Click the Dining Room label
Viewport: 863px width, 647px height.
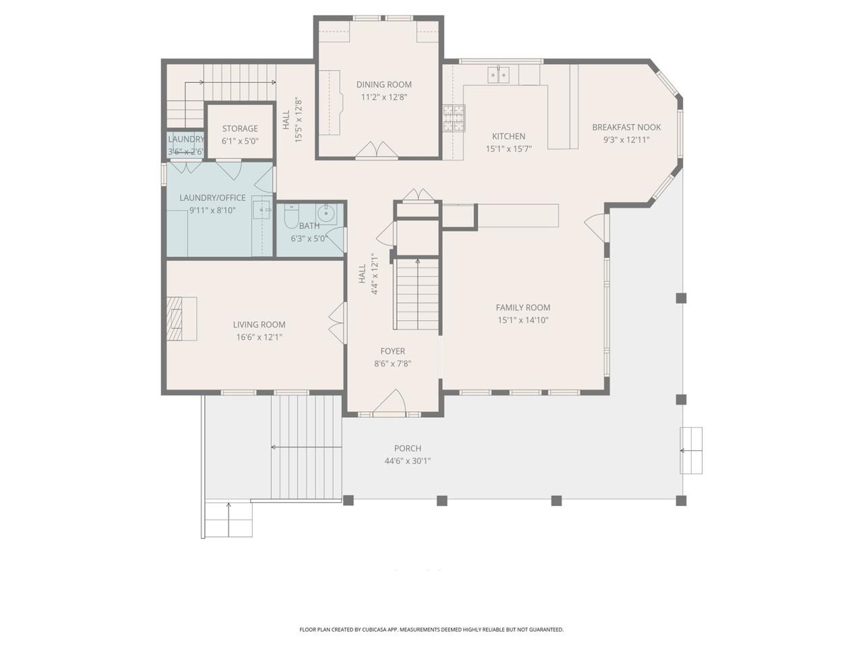pos(384,84)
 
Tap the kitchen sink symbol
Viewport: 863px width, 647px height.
pos(498,74)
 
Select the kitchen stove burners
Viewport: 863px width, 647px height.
pos(454,118)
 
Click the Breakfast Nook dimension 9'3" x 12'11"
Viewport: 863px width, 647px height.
pos(626,140)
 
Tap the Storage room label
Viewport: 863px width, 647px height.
pos(240,128)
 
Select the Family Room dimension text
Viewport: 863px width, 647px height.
pos(523,320)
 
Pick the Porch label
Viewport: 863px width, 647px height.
pos(407,448)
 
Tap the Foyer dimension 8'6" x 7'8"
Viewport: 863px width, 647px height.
pos(392,363)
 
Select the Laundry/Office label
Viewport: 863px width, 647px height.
pos(212,197)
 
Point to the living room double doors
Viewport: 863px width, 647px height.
pos(337,323)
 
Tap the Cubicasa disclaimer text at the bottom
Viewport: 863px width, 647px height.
pos(431,629)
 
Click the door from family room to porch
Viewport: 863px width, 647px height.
pos(596,228)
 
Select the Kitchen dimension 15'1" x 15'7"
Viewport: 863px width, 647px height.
pos(508,149)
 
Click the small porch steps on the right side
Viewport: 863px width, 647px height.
pos(691,450)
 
